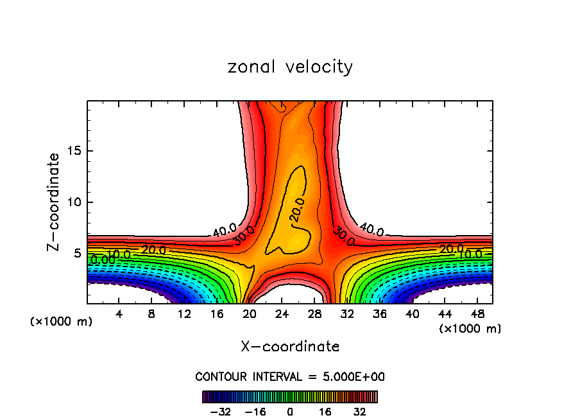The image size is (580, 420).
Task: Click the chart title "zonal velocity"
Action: (290, 67)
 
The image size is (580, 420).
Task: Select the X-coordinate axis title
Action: (290, 347)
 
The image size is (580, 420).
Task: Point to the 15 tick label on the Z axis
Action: (73, 151)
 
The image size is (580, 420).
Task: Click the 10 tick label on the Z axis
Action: (73, 202)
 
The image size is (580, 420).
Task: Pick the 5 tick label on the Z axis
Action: (77, 254)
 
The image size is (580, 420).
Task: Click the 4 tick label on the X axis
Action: (119, 314)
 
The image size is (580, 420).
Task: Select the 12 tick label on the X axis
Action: (184, 314)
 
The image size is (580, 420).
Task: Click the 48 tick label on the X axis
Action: (476, 314)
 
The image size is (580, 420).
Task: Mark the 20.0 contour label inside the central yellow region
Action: (296, 209)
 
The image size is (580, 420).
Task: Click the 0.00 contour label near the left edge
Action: (103, 260)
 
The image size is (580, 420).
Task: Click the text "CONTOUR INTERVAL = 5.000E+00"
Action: (290, 376)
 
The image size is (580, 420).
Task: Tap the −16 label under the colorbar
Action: (255, 412)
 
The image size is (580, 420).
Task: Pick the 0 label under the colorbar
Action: (290, 412)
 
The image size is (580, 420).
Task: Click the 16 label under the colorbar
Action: (325, 412)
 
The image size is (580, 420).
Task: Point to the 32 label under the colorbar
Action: (360, 412)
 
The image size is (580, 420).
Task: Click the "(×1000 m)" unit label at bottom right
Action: (470, 329)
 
